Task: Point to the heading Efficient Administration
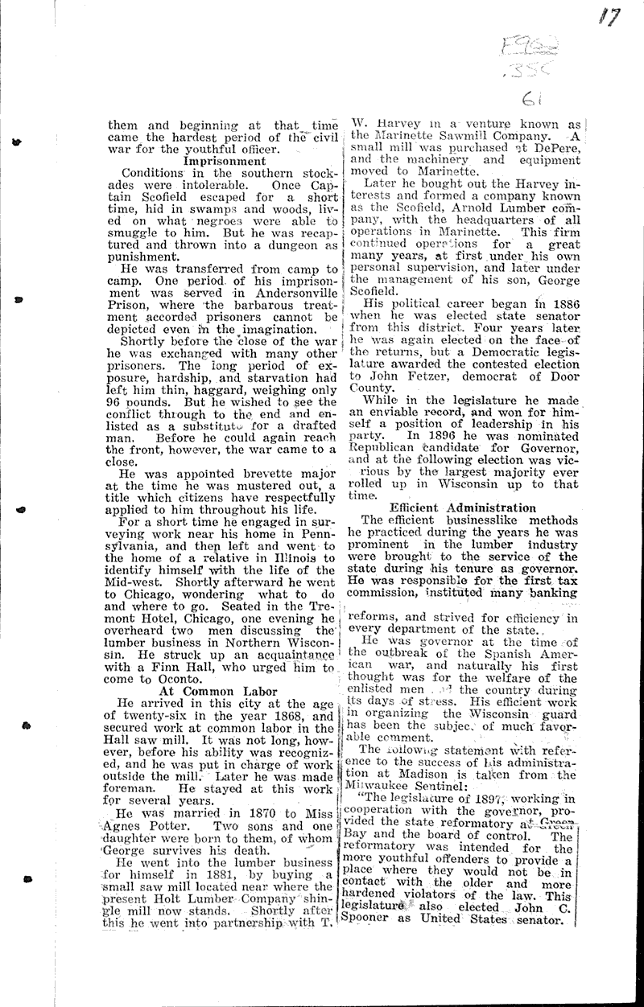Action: click(462, 508)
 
